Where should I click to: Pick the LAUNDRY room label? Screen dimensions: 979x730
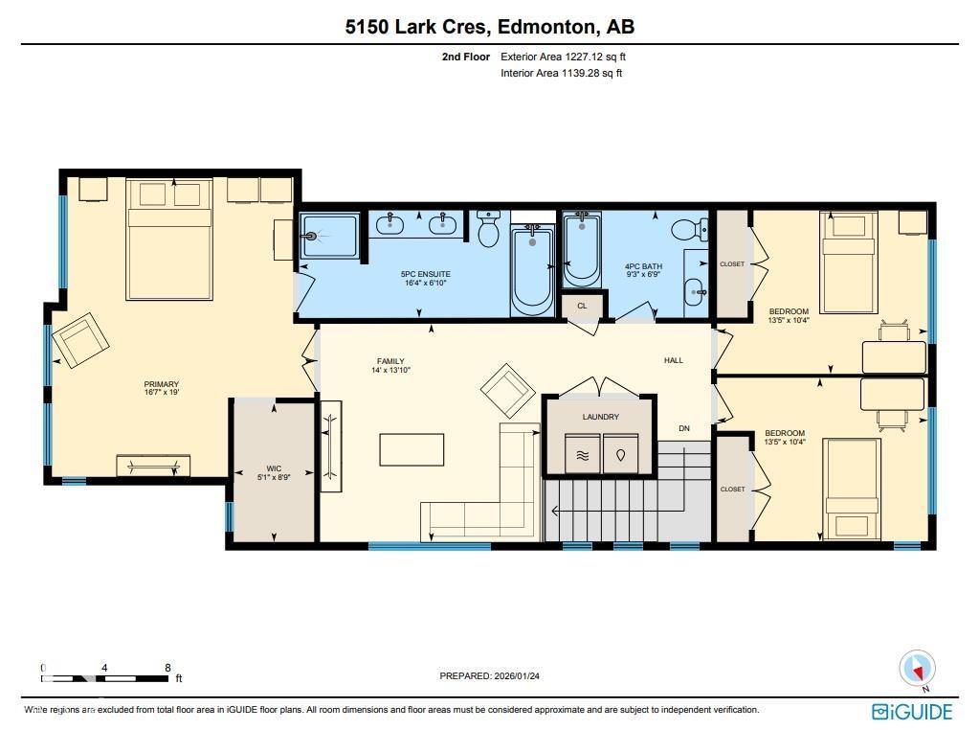click(x=601, y=417)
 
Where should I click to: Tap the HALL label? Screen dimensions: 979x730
click(x=673, y=360)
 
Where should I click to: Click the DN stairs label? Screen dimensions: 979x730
click(x=684, y=428)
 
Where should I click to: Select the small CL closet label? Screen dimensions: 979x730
click(x=582, y=306)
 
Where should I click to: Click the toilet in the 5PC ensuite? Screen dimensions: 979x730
click(x=488, y=229)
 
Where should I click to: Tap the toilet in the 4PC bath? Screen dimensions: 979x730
click(x=689, y=229)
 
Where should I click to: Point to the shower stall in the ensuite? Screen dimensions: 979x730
click(x=329, y=236)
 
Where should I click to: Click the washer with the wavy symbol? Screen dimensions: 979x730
click(x=582, y=454)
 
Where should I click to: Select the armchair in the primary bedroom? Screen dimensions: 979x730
click(x=80, y=340)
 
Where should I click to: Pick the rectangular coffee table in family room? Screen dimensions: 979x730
click(x=412, y=449)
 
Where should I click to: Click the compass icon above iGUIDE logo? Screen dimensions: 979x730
click(x=917, y=668)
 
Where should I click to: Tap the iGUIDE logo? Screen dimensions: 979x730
click(x=912, y=712)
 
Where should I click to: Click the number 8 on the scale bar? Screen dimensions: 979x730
click(x=167, y=668)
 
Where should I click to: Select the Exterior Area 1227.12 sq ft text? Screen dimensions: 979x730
click(x=563, y=57)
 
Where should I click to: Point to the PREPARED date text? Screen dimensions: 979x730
click(x=490, y=675)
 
